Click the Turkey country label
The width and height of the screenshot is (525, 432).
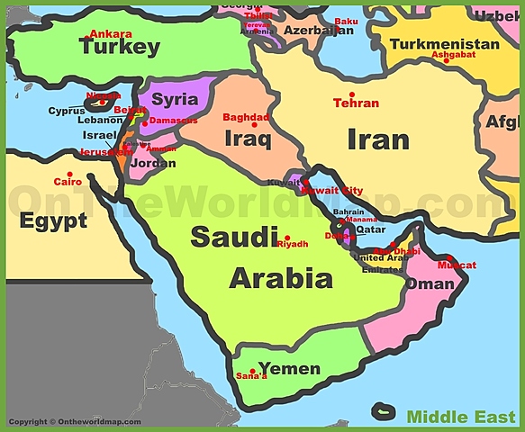pyautogui.click(x=119, y=49)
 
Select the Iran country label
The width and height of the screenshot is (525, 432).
pyautogui.click(x=378, y=139)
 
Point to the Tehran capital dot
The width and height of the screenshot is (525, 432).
pyautogui.click(x=352, y=94)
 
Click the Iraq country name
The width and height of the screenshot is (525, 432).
pyautogui.click(x=248, y=140)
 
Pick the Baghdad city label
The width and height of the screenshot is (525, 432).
pyautogui.click(x=246, y=117)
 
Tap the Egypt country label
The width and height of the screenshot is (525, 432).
pyautogui.click(x=53, y=220)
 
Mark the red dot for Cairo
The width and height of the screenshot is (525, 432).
pyautogui.click(x=69, y=174)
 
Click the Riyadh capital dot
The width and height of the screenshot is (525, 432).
pyautogui.click(x=287, y=238)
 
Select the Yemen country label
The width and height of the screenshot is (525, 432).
pyautogui.click(x=289, y=369)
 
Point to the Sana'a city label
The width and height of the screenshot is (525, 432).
pyautogui.click(x=251, y=375)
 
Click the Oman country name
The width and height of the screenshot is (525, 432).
pyautogui.click(x=430, y=283)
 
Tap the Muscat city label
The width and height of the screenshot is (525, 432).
pyautogui.click(x=457, y=265)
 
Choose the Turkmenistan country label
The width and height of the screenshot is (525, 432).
pyautogui.click(x=446, y=43)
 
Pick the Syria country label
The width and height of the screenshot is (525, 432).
pyautogui.click(x=175, y=99)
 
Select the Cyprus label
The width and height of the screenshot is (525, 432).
pyautogui.click(x=66, y=112)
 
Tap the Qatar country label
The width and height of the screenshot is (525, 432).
pyautogui.click(x=372, y=229)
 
